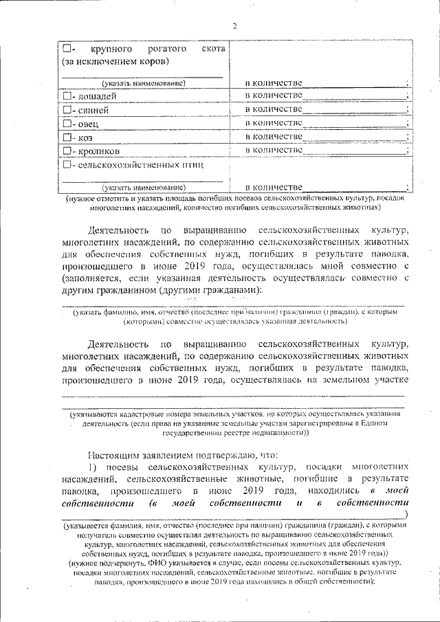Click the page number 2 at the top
234,26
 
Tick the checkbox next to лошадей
66,96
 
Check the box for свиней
66,109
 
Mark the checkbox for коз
66,137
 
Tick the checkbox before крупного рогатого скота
66,49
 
